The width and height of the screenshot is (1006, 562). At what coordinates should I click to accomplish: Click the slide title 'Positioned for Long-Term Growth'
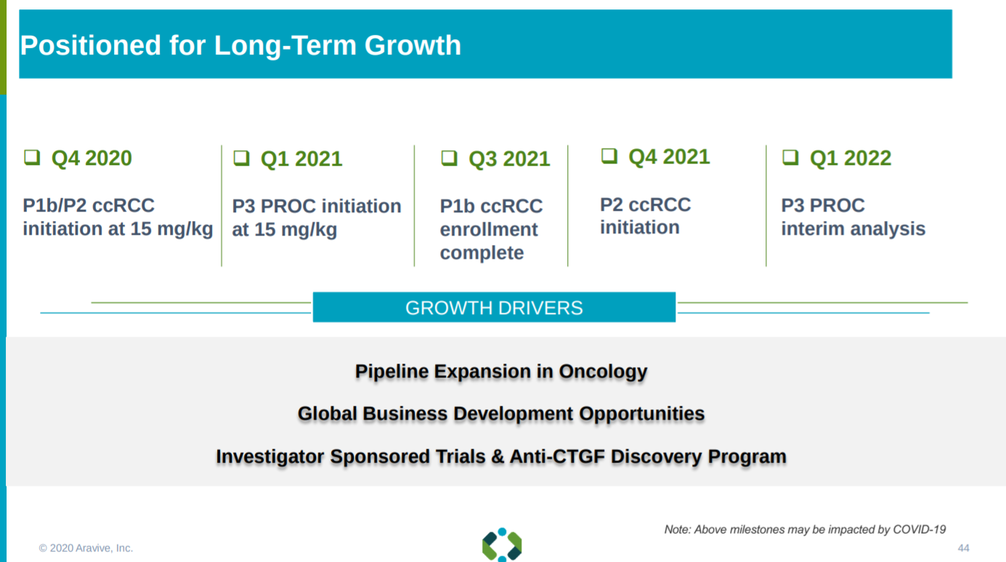click(240, 45)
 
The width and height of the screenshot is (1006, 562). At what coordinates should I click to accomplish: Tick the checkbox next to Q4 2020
click(32, 158)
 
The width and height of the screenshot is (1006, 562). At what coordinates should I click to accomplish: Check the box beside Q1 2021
click(242, 158)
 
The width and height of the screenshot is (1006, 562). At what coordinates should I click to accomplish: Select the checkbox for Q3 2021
click(449, 158)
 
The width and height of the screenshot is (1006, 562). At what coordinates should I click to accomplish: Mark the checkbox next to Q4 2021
click(609, 156)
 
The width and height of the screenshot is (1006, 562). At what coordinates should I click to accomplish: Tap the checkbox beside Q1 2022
click(790, 157)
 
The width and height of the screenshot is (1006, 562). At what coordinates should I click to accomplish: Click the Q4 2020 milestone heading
click(92, 158)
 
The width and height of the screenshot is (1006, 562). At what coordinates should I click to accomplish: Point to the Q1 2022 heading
click(851, 158)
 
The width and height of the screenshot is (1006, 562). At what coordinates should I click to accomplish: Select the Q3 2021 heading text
click(509, 158)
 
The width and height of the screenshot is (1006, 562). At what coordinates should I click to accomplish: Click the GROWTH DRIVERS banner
click(494, 308)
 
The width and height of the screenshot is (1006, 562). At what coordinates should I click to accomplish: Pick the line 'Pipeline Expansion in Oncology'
click(501, 372)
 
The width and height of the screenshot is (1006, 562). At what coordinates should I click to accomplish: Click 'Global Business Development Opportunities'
click(501, 414)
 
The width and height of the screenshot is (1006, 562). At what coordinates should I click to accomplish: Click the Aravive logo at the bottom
click(502, 545)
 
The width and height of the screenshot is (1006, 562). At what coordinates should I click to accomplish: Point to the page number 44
click(963, 548)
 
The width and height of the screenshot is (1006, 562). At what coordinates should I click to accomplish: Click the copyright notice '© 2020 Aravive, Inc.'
click(86, 548)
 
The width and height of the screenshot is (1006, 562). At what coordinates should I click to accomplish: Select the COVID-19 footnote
click(806, 529)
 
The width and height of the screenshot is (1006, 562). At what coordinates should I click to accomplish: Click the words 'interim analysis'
click(853, 228)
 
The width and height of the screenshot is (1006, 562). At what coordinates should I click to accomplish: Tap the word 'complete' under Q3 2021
click(482, 253)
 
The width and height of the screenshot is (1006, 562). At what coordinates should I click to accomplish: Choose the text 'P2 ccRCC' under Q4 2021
click(646, 205)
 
